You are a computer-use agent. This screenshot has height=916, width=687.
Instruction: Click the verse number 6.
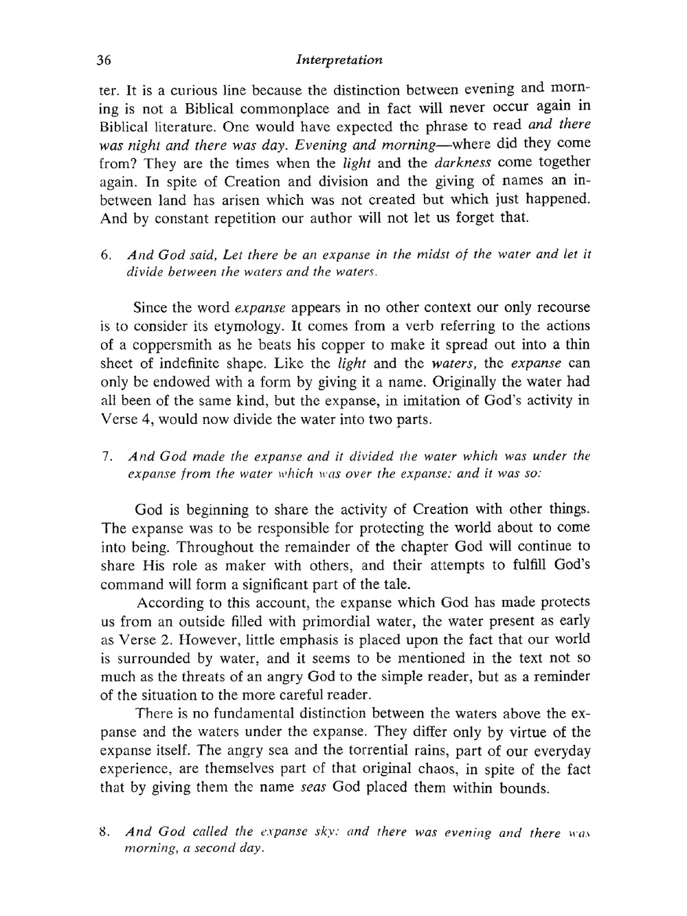(106, 255)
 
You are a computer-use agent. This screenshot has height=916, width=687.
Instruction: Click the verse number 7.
(106, 456)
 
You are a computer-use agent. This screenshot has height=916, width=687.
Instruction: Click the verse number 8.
(106, 831)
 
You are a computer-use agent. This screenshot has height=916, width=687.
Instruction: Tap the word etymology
(239, 326)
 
